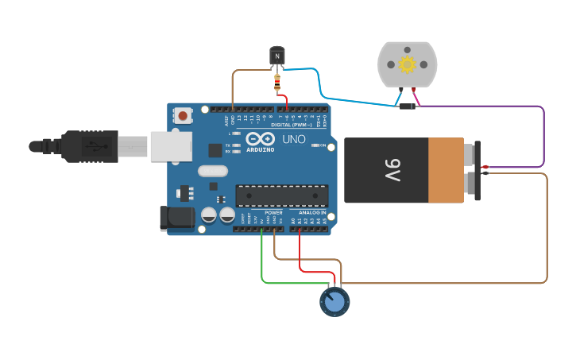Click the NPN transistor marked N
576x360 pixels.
[x=276, y=56]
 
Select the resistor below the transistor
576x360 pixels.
[x=276, y=80]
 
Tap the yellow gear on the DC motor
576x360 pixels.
[x=407, y=64]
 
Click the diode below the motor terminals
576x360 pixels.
[x=407, y=106]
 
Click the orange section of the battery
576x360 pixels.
[x=446, y=170]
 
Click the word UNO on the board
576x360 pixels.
[x=295, y=139]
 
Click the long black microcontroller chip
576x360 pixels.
[x=281, y=195]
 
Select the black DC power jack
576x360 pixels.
[x=176, y=219]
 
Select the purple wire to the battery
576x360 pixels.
[x=543, y=135]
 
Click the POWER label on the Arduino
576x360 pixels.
[x=273, y=213]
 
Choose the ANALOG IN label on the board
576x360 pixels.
[x=312, y=213]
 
